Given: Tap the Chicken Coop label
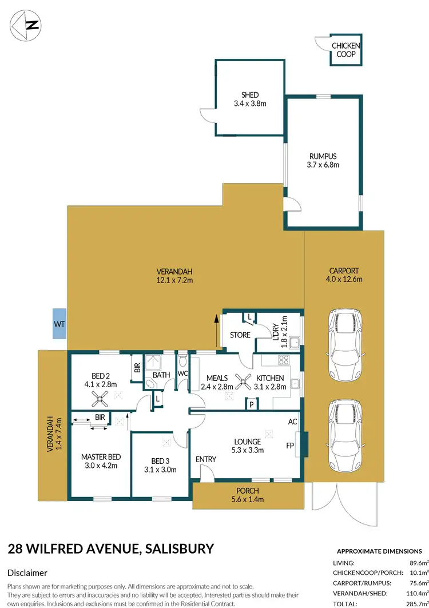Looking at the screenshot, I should point(345,50).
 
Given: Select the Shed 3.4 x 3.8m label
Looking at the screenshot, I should point(250,100).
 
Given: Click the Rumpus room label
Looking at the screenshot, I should point(324,161).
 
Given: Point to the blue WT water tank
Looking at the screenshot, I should point(59,324).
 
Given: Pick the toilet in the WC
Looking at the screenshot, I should point(183,360).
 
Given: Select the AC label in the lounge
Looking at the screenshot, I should point(293,422).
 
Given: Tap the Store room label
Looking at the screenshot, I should point(240,335).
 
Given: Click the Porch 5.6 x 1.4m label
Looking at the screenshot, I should point(248,495).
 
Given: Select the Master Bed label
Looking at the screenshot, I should point(101,461).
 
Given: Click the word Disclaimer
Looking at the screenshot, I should point(27,573).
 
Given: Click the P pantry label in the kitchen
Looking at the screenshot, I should point(251,404).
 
